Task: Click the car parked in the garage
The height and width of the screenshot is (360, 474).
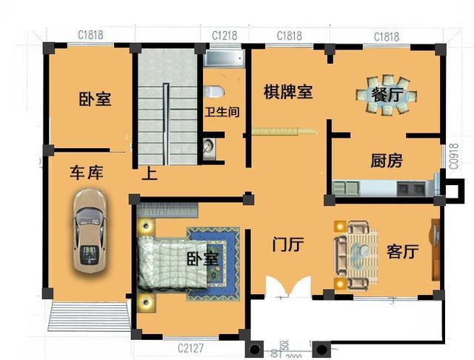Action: pyautogui.click(x=88, y=230)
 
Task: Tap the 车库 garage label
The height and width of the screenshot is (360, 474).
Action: pyautogui.click(x=86, y=173)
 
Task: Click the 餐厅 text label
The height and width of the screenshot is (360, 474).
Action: pyautogui.click(x=388, y=94)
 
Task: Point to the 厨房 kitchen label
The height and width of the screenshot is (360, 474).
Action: pyautogui.click(x=386, y=160)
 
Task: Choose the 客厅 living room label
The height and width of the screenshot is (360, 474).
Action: pyautogui.click(x=403, y=251)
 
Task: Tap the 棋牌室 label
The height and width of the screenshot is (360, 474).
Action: pyautogui.click(x=288, y=92)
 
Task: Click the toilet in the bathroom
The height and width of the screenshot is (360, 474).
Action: pyautogui.click(x=214, y=93)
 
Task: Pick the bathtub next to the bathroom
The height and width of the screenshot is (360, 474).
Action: pyautogui.click(x=224, y=60)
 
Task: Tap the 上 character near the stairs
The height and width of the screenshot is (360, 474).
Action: pyautogui.click(x=150, y=174)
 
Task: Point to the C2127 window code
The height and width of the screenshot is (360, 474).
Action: pyautogui.click(x=190, y=348)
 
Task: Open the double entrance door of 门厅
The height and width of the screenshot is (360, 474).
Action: pyautogui.click(x=288, y=287)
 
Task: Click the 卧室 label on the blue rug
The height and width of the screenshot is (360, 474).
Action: pyautogui.click(x=201, y=259)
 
